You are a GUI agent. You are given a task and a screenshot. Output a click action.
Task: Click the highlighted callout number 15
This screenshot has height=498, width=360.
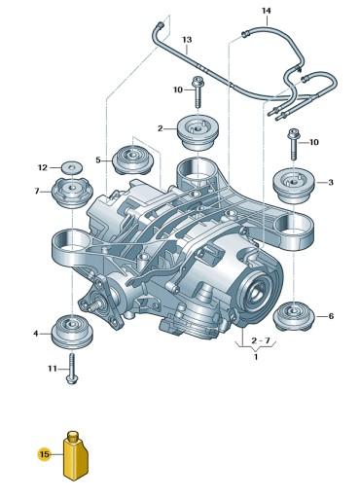pyautogui.click(x=43, y=453)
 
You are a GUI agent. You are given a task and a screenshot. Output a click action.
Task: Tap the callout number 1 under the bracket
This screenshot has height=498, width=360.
pyautogui.click(x=256, y=358)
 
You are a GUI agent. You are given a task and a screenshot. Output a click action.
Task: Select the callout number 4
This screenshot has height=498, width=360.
pyautogui.click(x=36, y=334)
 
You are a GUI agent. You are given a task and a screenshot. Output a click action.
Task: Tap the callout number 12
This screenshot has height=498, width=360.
pyautogui.click(x=42, y=166)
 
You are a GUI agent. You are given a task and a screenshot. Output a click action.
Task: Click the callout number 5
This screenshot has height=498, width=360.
pyautogui.click(x=97, y=160)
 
